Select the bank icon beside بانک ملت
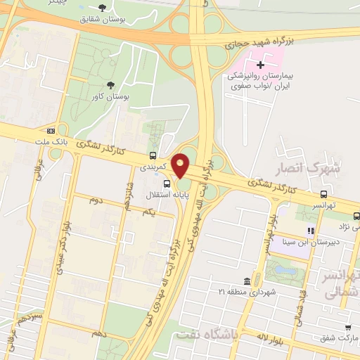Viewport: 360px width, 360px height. coord(51,131)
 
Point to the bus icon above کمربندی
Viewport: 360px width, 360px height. coord(153,155)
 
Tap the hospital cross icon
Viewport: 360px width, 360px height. coord(260,65)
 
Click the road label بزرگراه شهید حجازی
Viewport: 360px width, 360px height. coord(257,41)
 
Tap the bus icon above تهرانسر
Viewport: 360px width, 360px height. coord(324,194)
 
